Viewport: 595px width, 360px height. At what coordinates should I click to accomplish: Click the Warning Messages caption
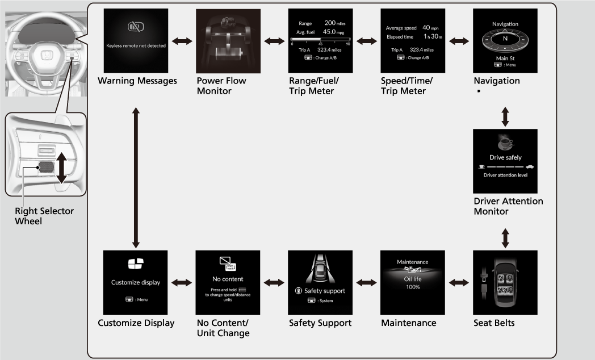[x=137, y=81]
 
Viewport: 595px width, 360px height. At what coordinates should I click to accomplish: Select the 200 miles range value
[x=334, y=23]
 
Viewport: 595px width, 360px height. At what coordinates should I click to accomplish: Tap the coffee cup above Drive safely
[x=504, y=142]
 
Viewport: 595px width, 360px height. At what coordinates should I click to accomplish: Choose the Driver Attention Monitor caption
[x=508, y=206]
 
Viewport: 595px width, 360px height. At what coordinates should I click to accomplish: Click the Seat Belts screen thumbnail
[x=505, y=282]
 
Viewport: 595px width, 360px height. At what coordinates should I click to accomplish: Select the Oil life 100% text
[x=412, y=283]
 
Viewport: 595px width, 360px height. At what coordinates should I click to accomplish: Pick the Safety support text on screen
[x=320, y=291]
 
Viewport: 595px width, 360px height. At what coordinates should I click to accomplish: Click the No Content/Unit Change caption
[x=223, y=328]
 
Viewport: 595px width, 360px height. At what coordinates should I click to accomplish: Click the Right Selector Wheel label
[x=44, y=216]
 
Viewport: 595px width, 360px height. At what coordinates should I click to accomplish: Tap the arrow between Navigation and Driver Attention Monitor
[x=505, y=115]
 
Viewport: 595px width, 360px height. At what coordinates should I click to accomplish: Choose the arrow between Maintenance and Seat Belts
[x=459, y=282]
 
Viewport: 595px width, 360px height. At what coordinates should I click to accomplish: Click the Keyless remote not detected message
[x=136, y=45]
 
